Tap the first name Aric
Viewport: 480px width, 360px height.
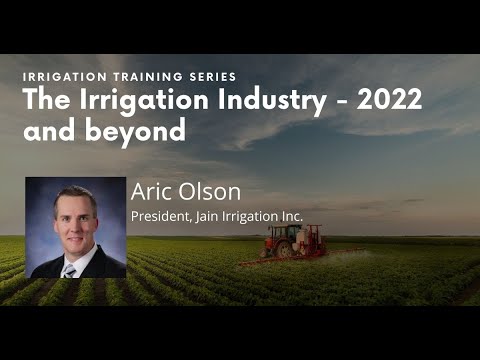click(153, 193)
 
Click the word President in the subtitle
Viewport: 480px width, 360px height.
click(159, 215)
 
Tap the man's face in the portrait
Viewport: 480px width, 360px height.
click(75, 219)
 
